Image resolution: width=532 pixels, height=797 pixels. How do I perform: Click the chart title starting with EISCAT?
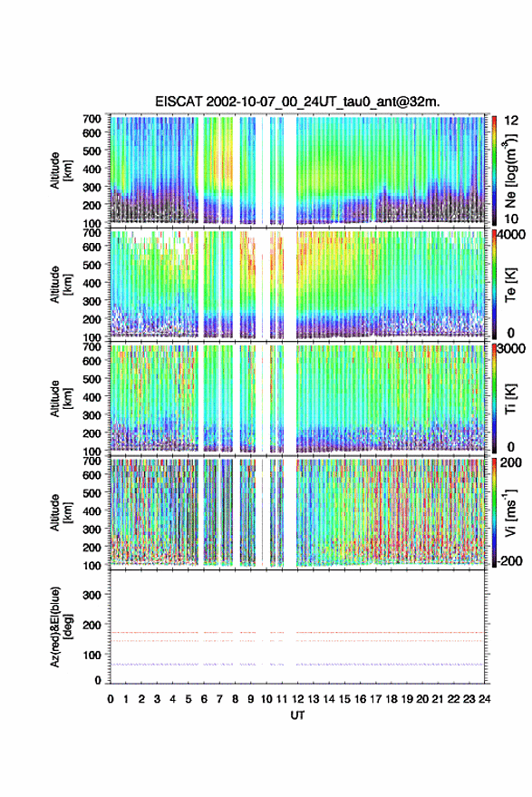point(297,102)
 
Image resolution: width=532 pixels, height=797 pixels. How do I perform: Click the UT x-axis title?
point(297,715)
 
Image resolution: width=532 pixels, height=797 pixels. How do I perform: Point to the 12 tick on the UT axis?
point(297,699)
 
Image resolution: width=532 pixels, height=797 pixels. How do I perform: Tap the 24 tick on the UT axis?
point(484,699)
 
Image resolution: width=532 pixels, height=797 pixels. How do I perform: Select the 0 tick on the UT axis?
point(111,699)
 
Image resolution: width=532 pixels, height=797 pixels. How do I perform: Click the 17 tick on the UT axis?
point(375,699)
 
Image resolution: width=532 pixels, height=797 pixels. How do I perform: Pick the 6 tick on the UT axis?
point(204,699)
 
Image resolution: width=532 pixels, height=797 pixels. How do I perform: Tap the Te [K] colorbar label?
point(510,285)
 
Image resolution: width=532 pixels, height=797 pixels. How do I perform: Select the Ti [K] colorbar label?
point(510,399)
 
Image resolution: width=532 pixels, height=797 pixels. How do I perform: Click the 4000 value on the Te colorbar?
point(510,234)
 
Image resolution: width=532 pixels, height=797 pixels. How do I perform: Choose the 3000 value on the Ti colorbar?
point(510,349)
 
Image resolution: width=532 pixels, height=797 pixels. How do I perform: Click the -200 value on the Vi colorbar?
point(509,561)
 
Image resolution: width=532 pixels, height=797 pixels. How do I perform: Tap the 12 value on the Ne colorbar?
point(511,121)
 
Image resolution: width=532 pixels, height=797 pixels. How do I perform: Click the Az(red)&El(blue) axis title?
point(60,627)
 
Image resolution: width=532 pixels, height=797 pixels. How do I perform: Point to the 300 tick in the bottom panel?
point(92,595)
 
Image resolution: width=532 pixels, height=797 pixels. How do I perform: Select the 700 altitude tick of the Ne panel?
point(92,119)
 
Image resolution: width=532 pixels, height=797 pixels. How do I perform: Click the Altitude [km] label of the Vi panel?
point(60,512)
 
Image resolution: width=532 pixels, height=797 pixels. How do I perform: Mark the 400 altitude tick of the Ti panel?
point(92,397)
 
